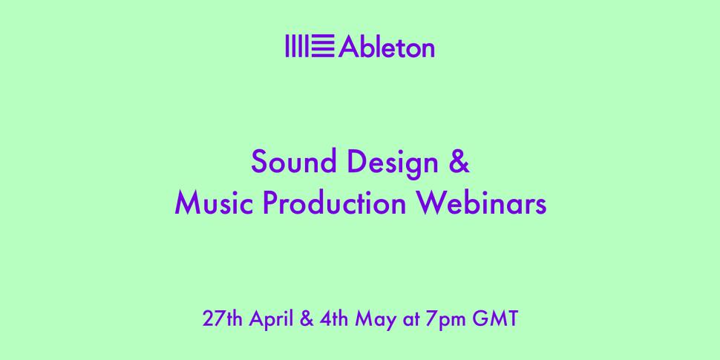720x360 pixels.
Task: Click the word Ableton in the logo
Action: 387,46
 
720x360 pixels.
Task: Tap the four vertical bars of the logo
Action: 297,46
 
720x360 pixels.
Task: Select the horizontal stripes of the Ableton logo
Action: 324,46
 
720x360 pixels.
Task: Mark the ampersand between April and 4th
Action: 307,319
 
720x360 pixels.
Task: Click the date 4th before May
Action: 334,319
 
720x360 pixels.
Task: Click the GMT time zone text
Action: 495,319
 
